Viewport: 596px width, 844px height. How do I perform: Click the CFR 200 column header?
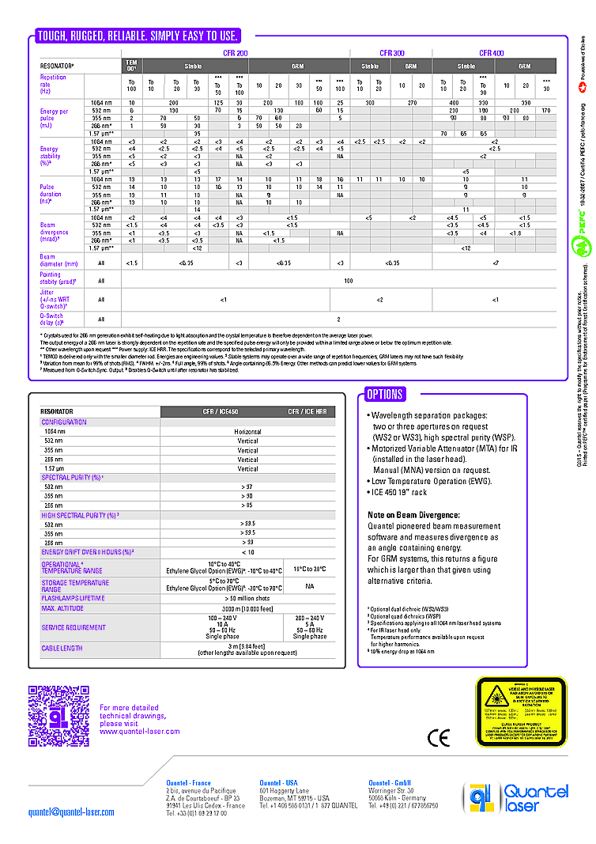(236, 52)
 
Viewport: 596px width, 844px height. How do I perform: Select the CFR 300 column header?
(392, 52)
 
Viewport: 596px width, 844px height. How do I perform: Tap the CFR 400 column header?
(491, 52)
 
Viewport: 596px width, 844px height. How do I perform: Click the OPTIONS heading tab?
(385, 394)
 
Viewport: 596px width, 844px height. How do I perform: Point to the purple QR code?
(56, 707)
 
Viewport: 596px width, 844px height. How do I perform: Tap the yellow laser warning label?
(520, 713)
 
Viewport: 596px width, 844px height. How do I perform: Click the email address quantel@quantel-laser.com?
(71, 812)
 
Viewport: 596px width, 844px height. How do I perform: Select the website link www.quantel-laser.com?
(139, 732)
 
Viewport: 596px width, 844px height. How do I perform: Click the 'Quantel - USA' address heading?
(278, 783)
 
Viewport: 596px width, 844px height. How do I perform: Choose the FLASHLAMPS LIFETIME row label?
(73, 598)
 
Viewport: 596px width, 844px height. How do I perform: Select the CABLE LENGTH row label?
(62, 648)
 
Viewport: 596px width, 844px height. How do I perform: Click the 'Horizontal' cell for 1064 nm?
(247, 431)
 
